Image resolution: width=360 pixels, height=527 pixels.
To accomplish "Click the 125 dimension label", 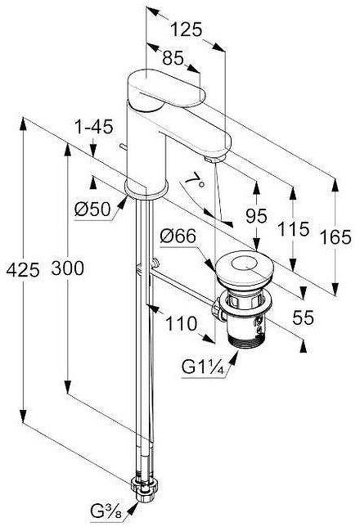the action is (187, 29).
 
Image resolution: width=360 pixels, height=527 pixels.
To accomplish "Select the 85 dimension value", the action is (173, 58).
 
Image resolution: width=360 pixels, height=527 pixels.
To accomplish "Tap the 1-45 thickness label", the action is (94, 127).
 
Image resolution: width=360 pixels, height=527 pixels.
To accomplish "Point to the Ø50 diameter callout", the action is (92, 209).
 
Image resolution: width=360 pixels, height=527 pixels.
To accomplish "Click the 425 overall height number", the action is (23, 270).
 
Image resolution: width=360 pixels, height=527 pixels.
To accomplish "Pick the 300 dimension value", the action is (68, 268).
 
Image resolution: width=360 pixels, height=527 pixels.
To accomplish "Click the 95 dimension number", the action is (256, 216).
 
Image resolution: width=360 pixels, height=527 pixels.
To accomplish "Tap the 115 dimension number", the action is (293, 229).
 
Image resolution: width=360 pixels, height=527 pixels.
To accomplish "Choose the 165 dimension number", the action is (335, 236).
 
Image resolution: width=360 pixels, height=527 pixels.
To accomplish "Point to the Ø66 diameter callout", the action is (178, 236).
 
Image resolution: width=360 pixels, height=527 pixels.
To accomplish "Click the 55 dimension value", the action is (304, 318).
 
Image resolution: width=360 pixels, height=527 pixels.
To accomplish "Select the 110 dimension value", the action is (181, 324).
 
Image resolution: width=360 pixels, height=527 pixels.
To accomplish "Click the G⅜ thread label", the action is (106, 512).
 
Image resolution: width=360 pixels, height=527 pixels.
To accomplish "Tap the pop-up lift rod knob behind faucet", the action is (123, 147).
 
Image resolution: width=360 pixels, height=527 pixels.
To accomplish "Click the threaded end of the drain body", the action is (245, 340).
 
